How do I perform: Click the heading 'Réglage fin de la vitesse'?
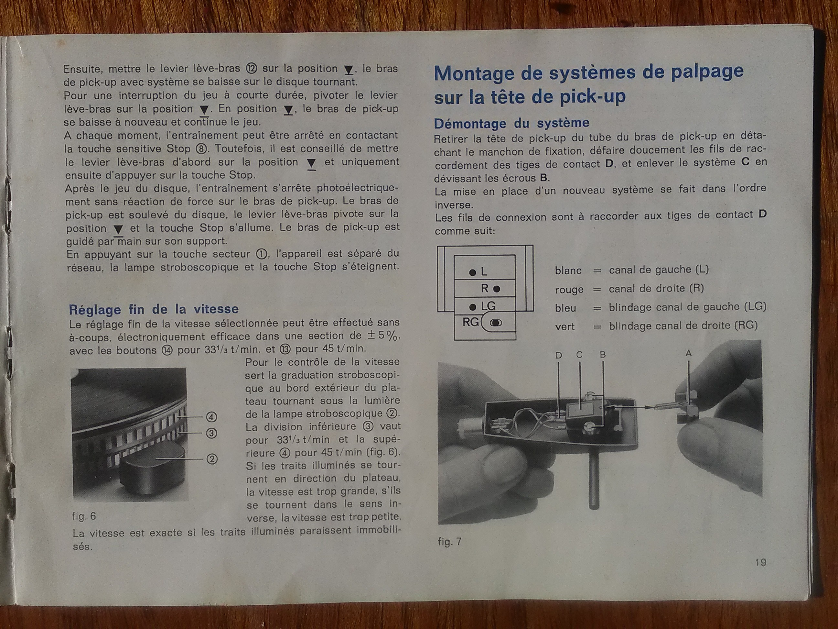[154, 309]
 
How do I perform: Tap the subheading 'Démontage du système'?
[511, 123]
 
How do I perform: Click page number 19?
[761, 562]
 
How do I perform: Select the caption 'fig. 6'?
[84, 516]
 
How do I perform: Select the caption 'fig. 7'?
[450, 541]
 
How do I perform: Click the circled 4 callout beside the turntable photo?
[211, 417]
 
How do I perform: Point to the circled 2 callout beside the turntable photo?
[212, 459]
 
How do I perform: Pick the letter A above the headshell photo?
[688, 353]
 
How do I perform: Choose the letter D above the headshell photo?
[559, 355]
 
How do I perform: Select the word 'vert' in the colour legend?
[565, 326]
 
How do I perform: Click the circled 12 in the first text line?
[252, 68]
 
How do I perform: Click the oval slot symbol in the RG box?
[496, 323]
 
